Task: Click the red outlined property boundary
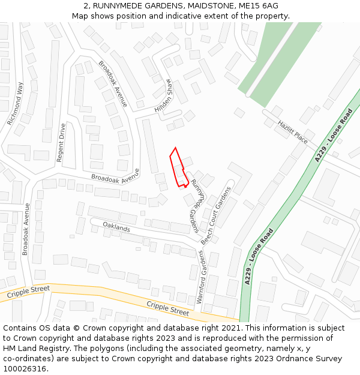tap(178, 167)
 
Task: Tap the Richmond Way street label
tap(15, 103)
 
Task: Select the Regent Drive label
tap(61, 143)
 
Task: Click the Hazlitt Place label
tap(293, 132)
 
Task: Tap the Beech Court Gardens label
tap(217, 214)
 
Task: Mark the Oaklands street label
tap(116, 227)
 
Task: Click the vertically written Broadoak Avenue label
tap(26, 229)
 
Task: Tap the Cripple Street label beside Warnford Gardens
tap(168, 308)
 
